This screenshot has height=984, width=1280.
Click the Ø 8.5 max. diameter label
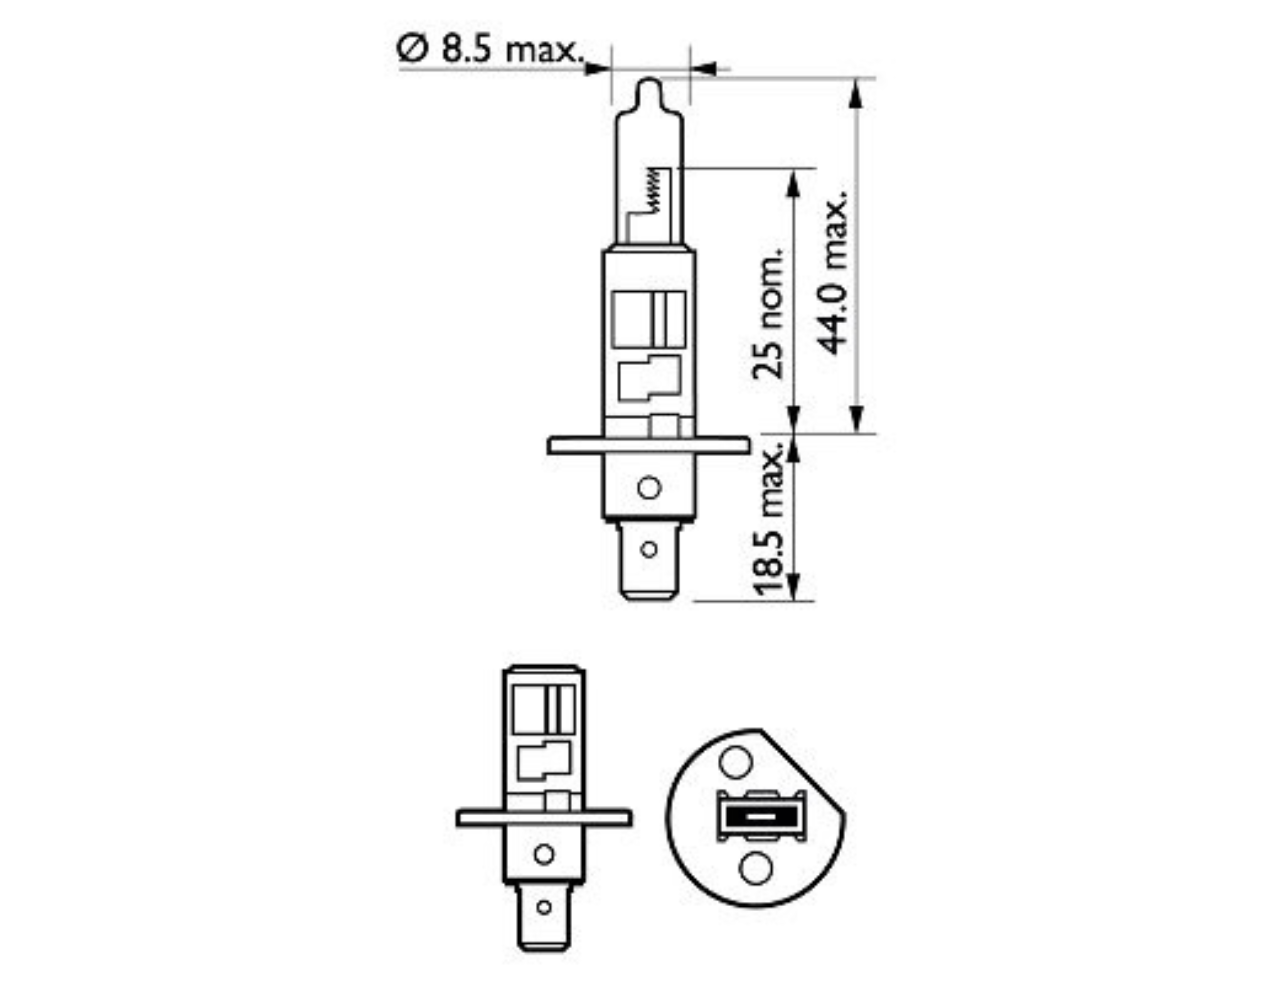(x=491, y=49)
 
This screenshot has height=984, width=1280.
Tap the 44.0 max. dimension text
(x=832, y=273)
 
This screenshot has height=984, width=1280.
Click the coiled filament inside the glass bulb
(x=653, y=190)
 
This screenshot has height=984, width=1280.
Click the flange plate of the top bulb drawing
(x=648, y=446)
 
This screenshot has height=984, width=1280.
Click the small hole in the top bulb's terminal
(x=649, y=549)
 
